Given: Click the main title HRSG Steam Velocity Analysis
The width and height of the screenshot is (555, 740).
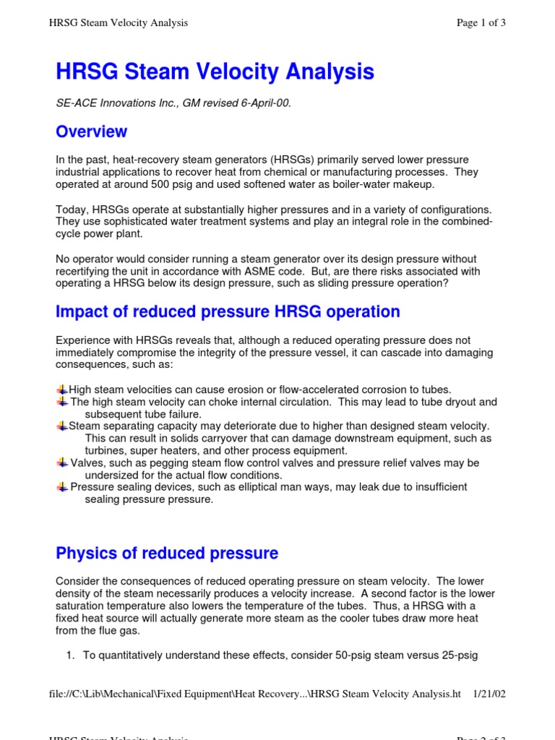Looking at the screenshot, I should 215,72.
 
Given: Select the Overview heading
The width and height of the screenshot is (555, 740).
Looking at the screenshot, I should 91,132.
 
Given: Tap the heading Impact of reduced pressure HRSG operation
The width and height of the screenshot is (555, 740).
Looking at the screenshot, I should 228,311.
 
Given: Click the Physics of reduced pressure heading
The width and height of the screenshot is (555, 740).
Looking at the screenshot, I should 166,554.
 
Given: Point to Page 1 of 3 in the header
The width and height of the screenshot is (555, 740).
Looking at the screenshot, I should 481,23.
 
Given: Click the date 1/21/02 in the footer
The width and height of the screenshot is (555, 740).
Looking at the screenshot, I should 489,694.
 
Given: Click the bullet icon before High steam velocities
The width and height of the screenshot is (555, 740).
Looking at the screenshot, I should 62,390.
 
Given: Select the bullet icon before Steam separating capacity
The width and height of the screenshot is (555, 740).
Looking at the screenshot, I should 62,426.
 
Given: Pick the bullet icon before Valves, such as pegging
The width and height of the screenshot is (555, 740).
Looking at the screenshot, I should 62,462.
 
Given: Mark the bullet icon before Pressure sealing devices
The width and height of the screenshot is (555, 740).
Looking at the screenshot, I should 62,487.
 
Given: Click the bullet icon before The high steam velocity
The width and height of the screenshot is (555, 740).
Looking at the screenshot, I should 62,402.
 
